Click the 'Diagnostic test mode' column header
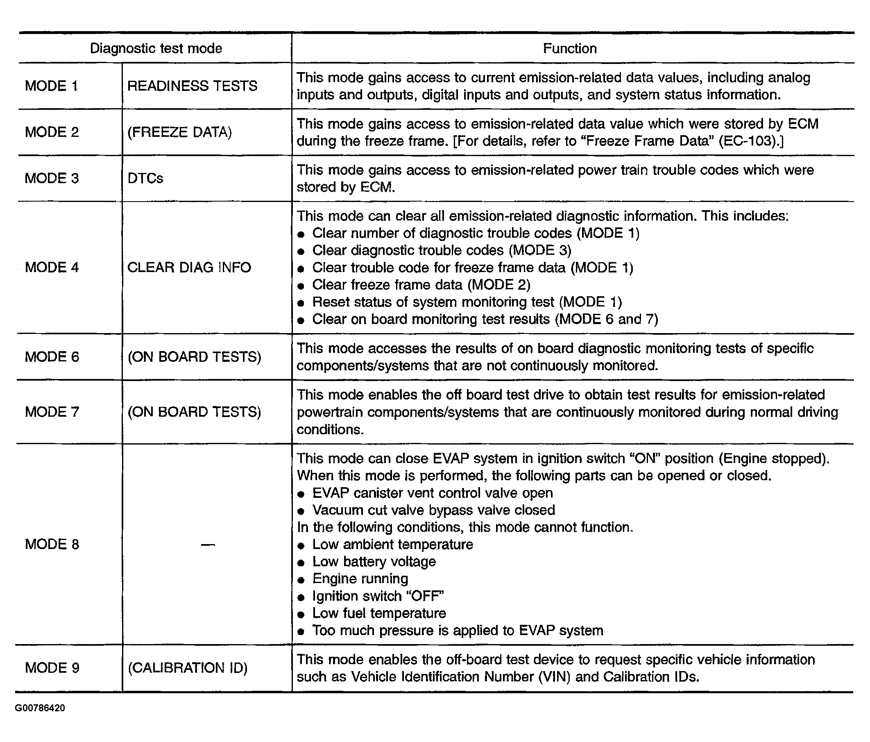(156, 48)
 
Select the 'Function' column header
(569, 48)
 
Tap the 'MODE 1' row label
(51, 86)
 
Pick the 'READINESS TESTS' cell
(192, 86)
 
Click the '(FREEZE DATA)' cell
(179, 132)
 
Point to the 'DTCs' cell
(145, 178)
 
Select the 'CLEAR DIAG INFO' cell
(189, 267)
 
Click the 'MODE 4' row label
(52, 267)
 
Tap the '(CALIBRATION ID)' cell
(187, 668)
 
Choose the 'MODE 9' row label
(52, 668)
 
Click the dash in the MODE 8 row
(208, 545)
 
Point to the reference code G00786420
(40, 708)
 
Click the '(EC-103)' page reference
(748, 141)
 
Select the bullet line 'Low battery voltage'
(374, 561)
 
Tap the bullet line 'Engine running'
(360, 579)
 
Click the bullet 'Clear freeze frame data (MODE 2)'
(421, 285)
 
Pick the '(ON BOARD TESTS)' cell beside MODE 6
(194, 356)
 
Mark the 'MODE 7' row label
(52, 411)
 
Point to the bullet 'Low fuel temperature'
(379, 613)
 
